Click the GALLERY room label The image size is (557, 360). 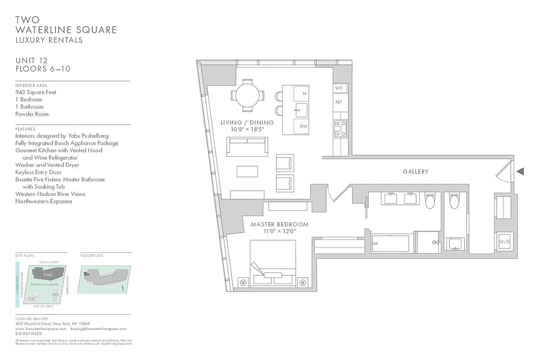[415, 171]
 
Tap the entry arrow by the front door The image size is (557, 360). [520, 171]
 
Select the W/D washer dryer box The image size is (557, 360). [504, 242]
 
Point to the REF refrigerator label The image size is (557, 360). [339, 102]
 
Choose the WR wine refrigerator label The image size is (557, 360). [338, 88]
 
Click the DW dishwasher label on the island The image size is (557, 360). [304, 126]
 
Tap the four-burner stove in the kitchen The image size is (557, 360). [340, 128]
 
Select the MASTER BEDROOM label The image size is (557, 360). [279, 224]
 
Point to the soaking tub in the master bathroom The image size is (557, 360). [390, 243]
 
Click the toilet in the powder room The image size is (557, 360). [454, 201]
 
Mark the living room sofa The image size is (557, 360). [247, 147]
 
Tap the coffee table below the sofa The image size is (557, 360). [247, 172]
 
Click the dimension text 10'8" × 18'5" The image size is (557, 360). [247, 130]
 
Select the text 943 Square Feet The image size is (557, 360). [36, 92]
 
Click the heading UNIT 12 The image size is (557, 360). [32, 60]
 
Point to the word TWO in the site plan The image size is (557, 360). [48, 274]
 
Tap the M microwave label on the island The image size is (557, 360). [304, 94]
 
